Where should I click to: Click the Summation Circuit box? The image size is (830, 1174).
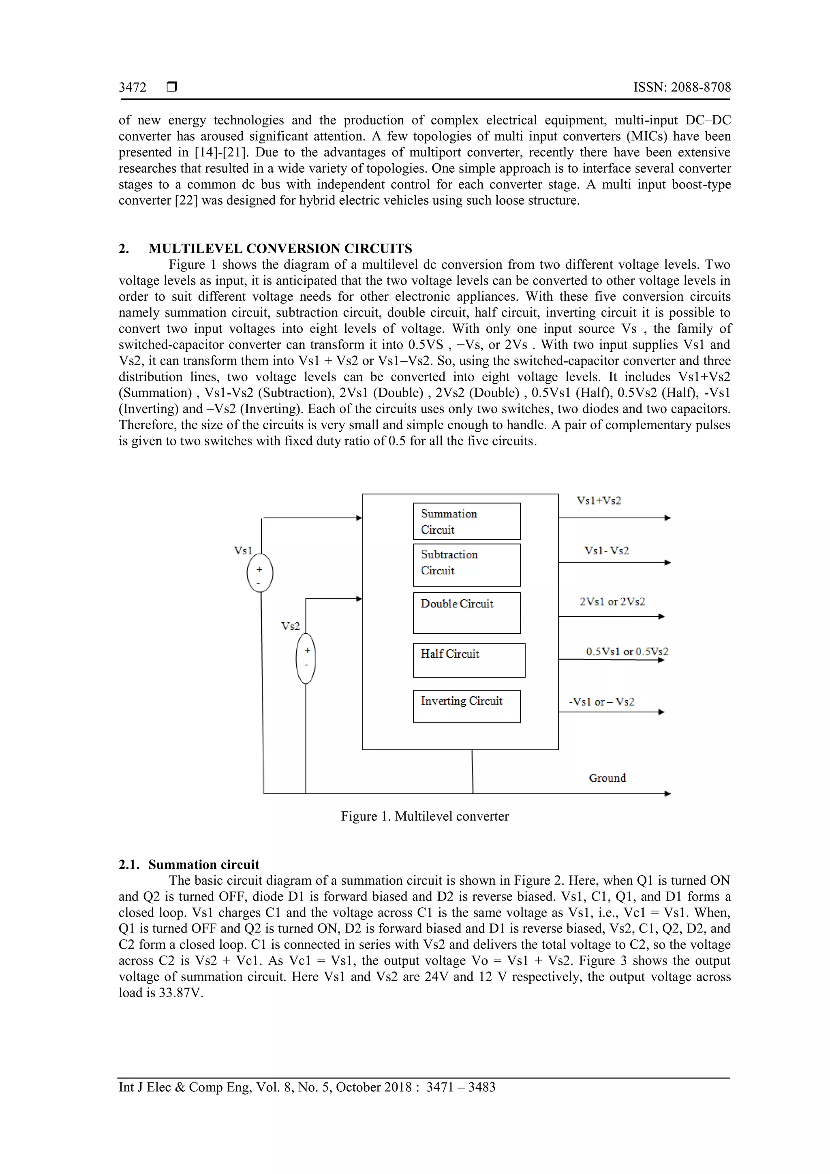[x=466, y=521]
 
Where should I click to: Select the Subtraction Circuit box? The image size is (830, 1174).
[x=466, y=565]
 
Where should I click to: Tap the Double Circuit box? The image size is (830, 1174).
[x=466, y=613]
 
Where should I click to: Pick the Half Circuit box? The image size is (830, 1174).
[x=469, y=660]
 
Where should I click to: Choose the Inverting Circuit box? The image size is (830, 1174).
[x=466, y=706]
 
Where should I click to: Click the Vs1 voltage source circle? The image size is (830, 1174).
[x=260, y=573]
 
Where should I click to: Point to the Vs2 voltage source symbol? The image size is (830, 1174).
[x=306, y=658]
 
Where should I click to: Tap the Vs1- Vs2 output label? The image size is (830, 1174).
[x=607, y=551]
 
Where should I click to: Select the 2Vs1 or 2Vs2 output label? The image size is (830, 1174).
[x=612, y=602]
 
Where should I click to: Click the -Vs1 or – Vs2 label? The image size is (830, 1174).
[x=601, y=702]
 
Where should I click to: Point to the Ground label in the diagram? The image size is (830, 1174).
[x=607, y=778]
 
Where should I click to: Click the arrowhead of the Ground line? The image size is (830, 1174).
[x=667, y=793]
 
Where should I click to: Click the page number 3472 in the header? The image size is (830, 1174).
[x=133, y=88]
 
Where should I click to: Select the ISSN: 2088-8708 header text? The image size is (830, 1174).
[x=682, y=88]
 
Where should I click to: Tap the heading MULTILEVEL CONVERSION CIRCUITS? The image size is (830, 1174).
[x=280, y=248]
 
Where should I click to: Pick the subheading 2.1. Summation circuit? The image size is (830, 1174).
[x=189, y=865]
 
